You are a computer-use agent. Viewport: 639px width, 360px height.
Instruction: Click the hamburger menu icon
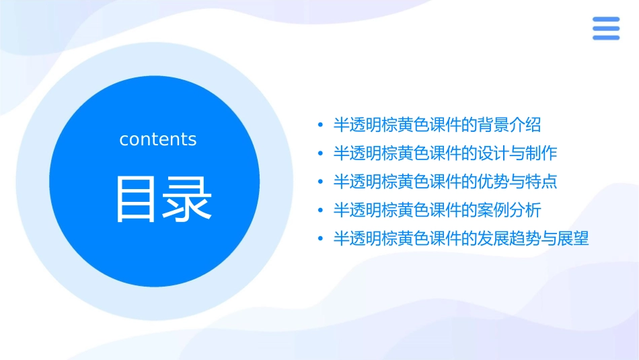[605, 28]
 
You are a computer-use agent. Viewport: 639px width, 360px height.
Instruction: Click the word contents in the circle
[158, 139]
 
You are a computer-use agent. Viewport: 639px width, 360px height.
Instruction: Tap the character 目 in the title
[137, 199]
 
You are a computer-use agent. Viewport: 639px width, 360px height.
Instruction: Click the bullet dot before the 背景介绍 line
[320, 125]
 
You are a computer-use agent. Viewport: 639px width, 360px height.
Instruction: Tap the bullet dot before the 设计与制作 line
[320, 153]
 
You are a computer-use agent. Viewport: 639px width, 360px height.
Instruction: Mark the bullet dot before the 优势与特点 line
[320, 182]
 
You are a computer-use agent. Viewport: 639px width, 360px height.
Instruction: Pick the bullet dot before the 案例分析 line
[320, 210]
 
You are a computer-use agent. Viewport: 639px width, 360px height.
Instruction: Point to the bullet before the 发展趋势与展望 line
[320, 238]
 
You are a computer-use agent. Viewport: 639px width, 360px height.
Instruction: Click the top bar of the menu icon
[605, 20]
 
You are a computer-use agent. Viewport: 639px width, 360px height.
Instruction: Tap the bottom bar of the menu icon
[605, 37]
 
